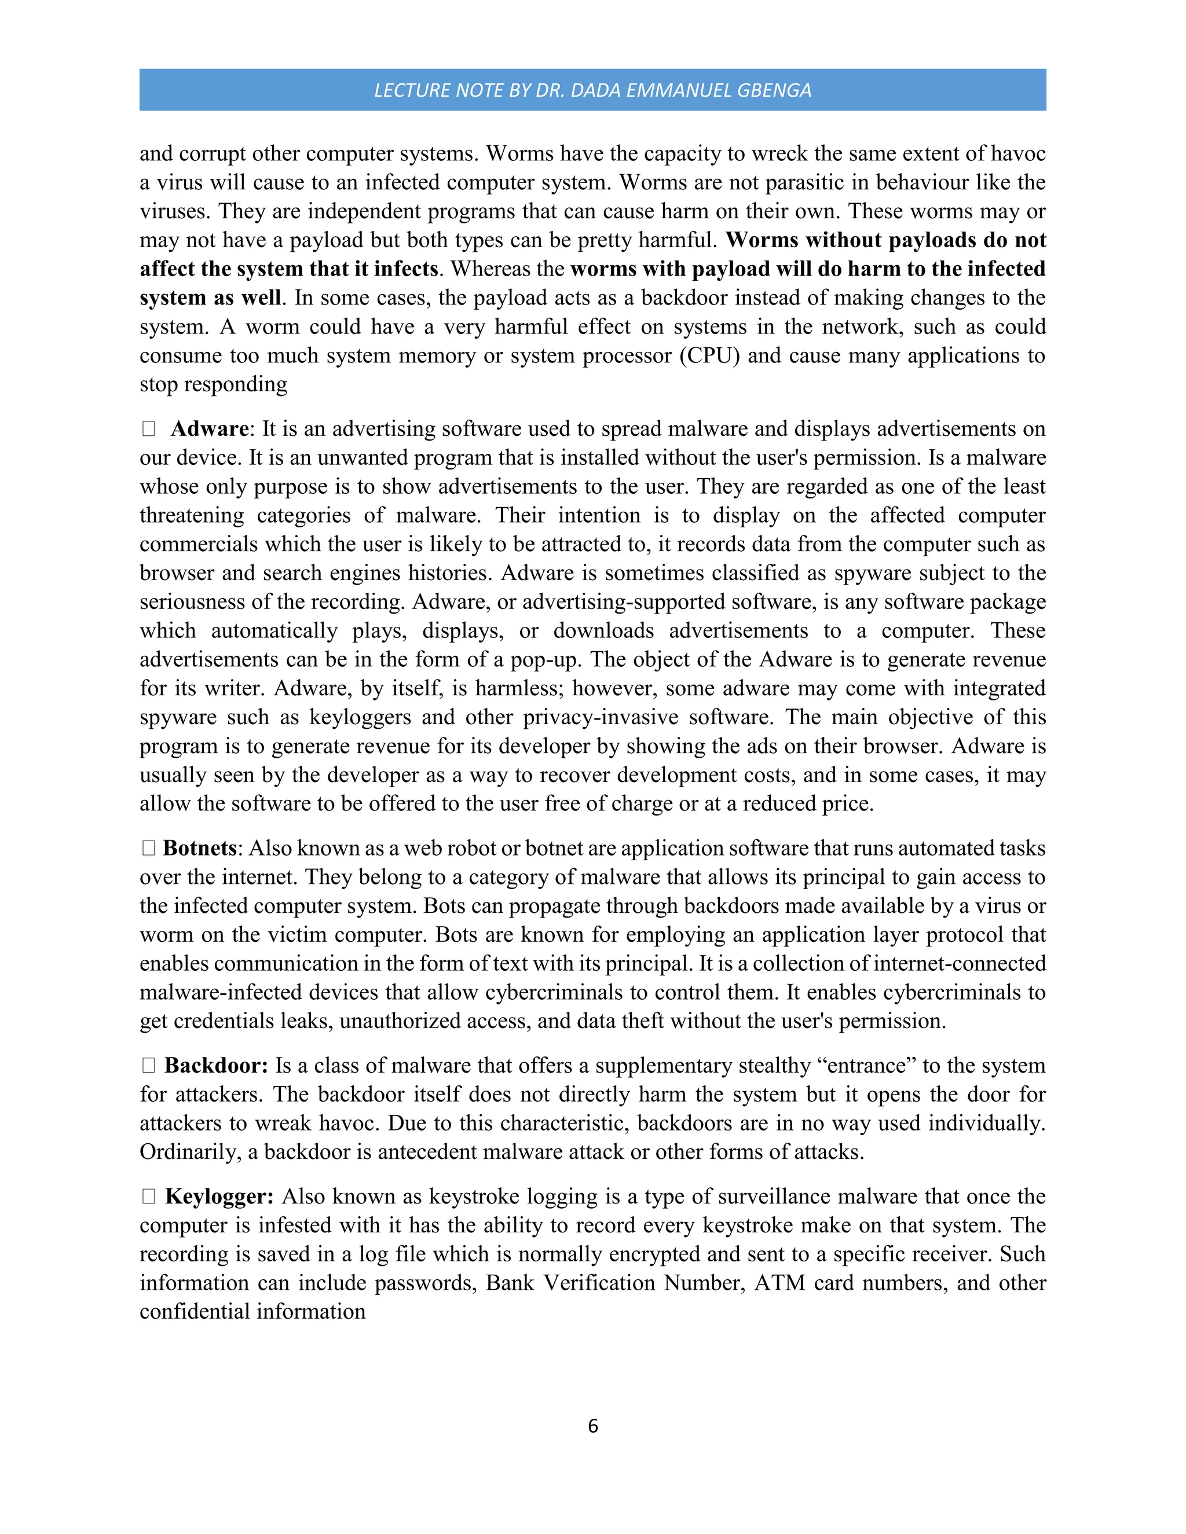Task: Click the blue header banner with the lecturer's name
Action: (592, 90)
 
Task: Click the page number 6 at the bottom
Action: (592, 1426)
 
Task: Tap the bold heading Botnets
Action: (200, 849)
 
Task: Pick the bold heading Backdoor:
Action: (215, 1066)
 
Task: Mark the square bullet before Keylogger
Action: (148, 1197)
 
